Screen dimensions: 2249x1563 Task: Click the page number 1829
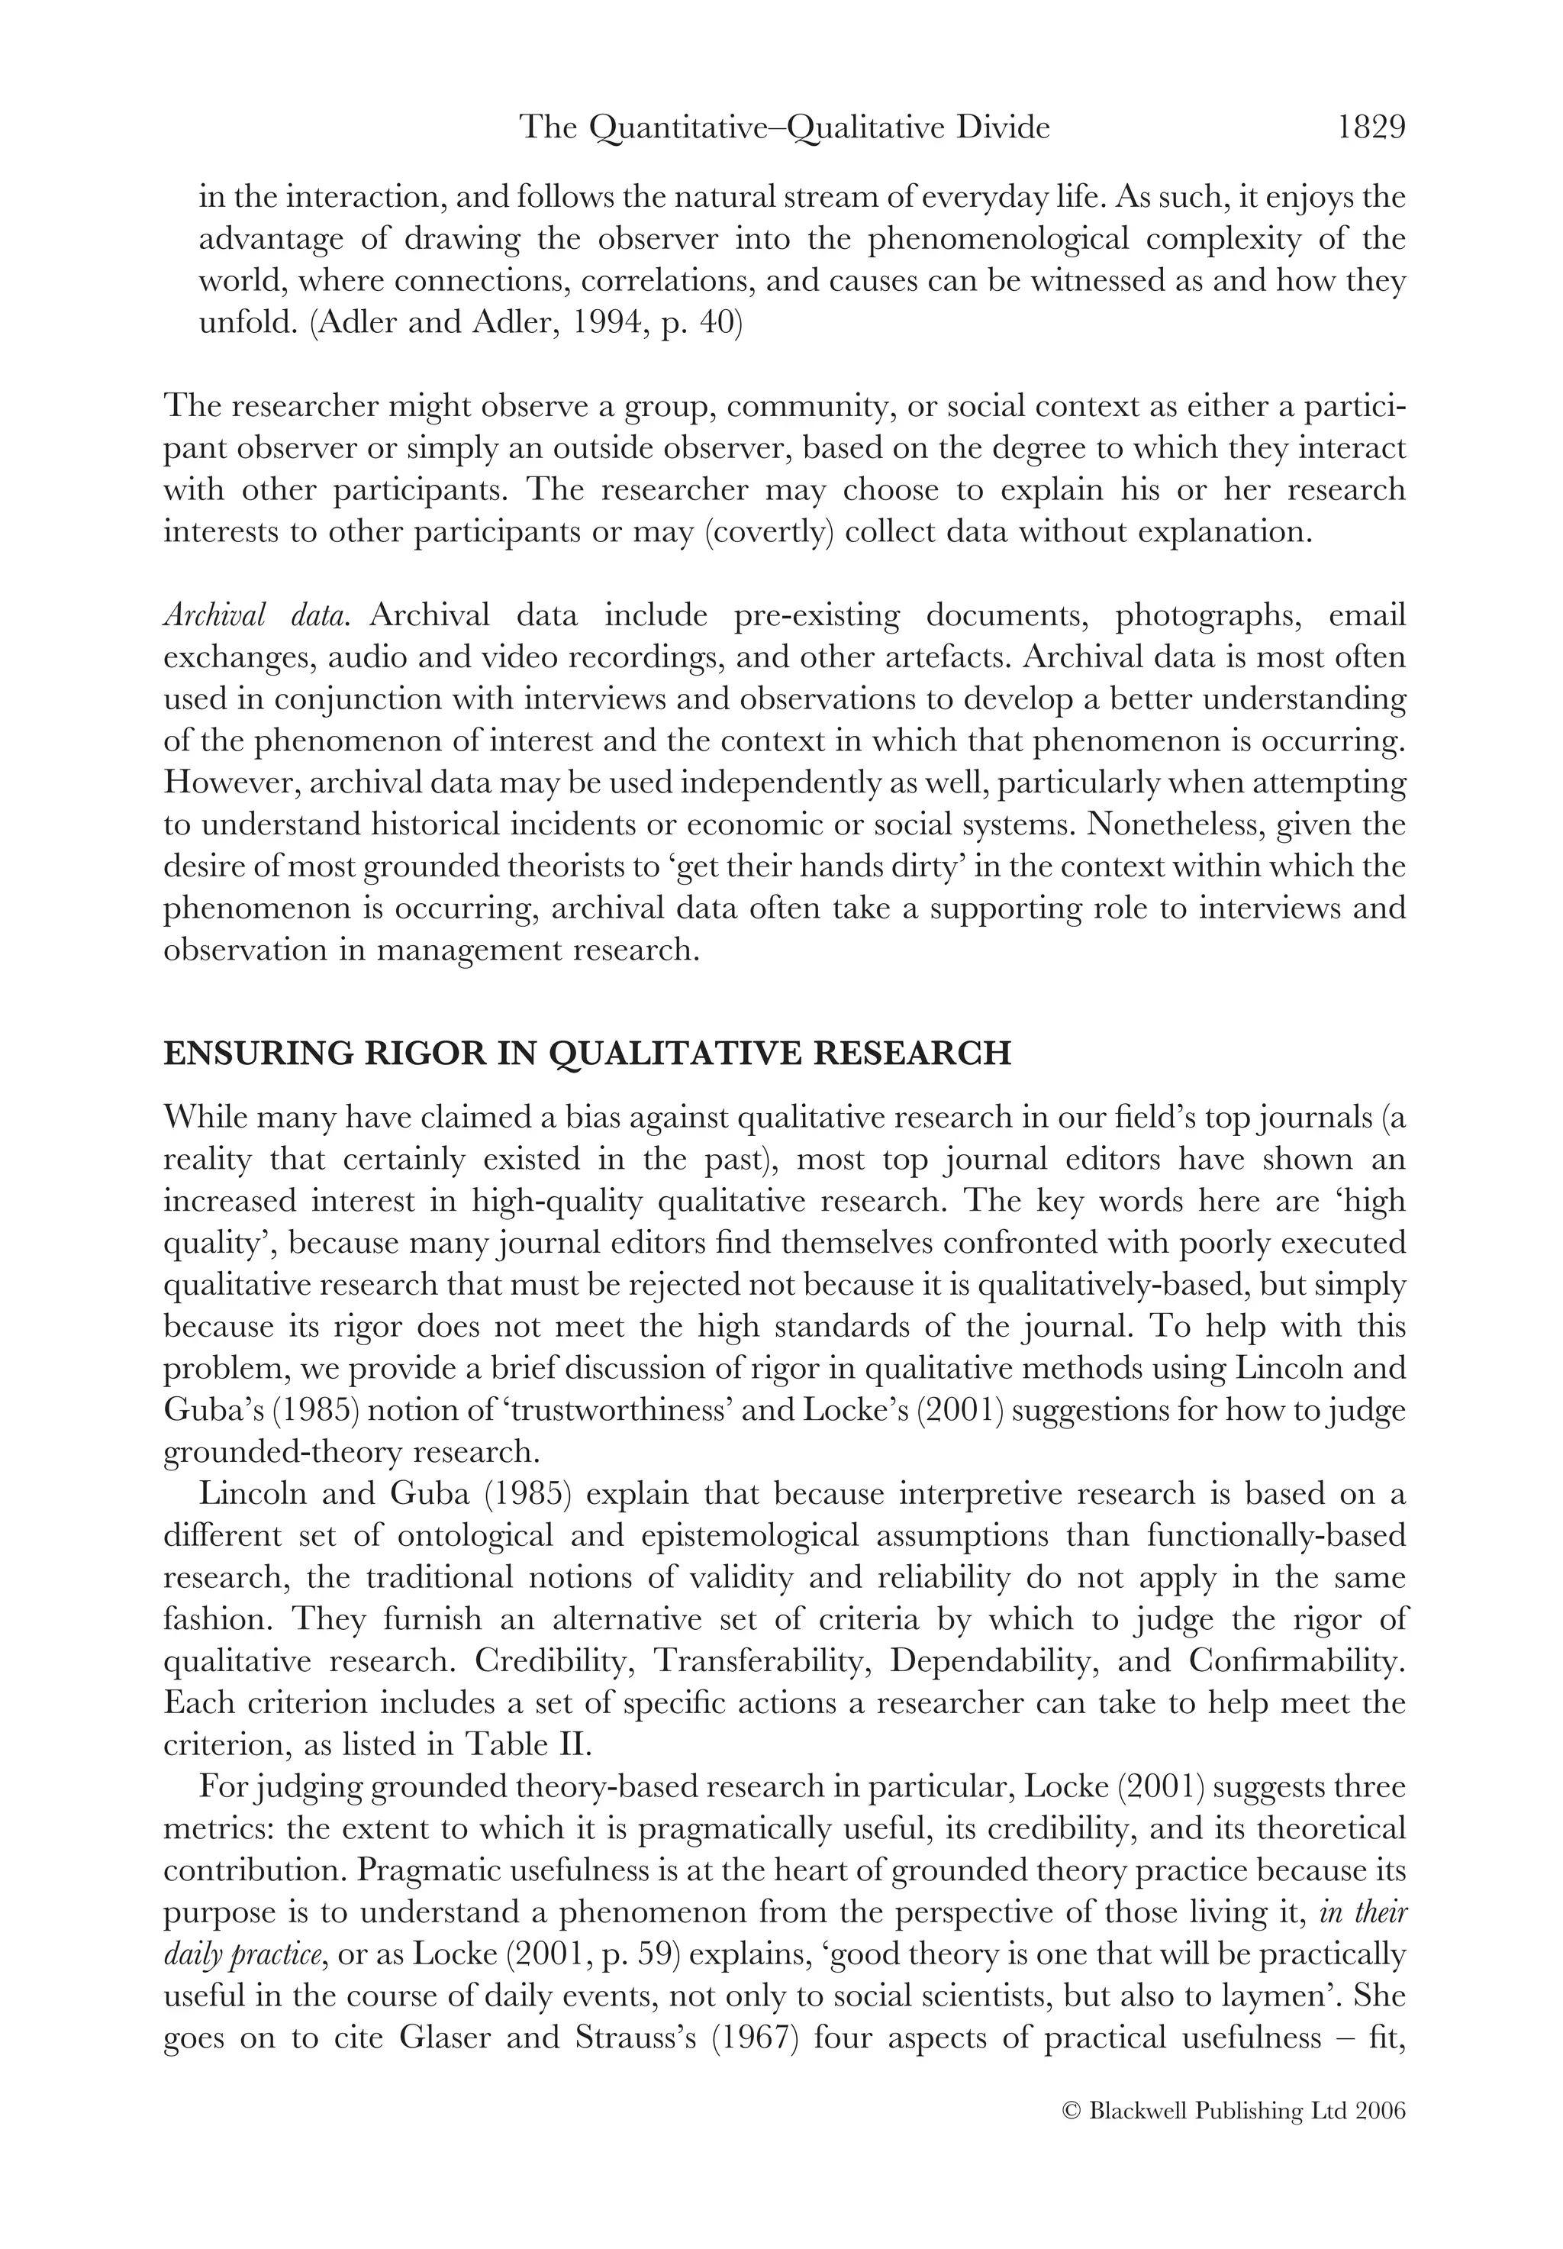click(1371, 128)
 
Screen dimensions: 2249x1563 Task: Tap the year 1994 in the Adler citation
click(546, 323)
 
